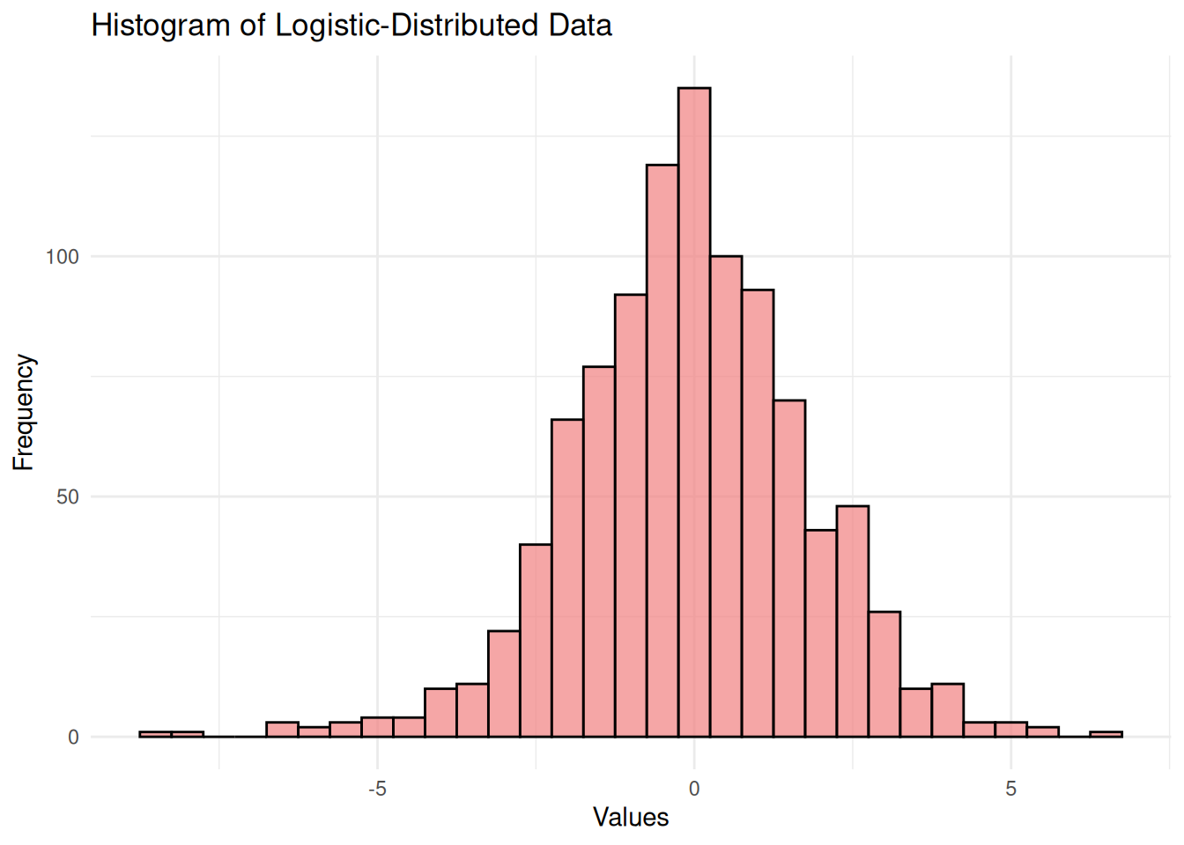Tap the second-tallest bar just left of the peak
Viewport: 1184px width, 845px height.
pyautogui.click(x=662, y=450)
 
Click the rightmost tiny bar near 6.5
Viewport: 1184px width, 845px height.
pyautogui.click(x=1106, y=734)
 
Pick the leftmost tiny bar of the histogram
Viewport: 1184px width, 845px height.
pyautogui.click(x=155, y=734)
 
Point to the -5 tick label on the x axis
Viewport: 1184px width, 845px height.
pyautogui.click(x=377, y=789)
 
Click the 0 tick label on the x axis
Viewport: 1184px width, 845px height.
pyautogui.click(x=694, y=789)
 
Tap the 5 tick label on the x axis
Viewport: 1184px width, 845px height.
pyautogui.click(x=1010, y=789)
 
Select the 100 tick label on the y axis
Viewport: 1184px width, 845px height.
pyautogui.click(x=63, y=257)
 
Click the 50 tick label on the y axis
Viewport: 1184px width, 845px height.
pyautogui.click(x=68, y=497)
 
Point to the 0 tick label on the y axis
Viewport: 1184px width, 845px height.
pyautogui.click(x=73, y=738)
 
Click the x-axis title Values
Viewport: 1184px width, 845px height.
pyautogui.click(x=631, y=818)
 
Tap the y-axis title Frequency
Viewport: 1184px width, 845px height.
pyautogui.click(x=24, y=412)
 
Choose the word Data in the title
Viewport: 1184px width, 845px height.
pyautogui.click(x=580, y=26)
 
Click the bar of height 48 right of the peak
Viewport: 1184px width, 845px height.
pyautogui.click(x=853, y=621)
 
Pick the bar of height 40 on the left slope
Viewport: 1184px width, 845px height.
pyautogui.click(x=536, y=640)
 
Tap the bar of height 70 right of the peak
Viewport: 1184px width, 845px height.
pyautogui.click(x=789, y=568)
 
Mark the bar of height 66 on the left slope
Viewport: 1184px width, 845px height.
pyautogui.click(x=567, y=577)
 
